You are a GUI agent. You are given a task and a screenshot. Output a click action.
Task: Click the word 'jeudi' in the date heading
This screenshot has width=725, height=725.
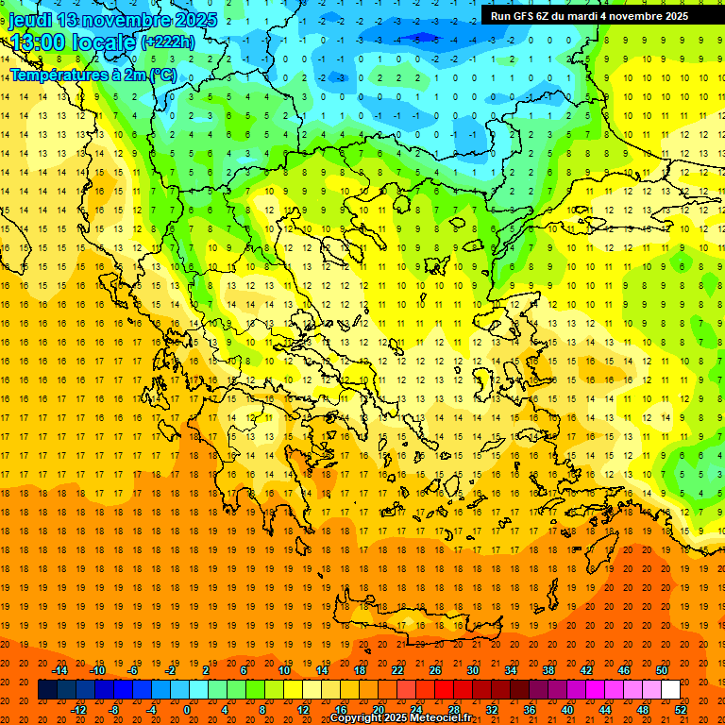(30, 20)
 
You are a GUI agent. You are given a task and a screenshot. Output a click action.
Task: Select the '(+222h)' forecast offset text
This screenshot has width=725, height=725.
(167, 42)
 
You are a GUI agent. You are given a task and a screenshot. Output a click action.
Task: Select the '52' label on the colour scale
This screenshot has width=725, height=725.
(682, 709)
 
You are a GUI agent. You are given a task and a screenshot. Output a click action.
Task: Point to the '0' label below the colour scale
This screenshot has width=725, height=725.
(187, 709)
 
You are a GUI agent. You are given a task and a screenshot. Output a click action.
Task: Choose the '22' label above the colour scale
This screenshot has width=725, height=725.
(397, 670)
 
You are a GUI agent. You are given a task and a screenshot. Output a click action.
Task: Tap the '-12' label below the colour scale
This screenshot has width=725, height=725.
(78, 709)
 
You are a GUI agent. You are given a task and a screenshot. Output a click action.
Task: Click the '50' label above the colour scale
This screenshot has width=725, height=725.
(662, 670)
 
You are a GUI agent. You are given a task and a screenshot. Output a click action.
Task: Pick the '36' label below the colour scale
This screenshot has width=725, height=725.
(530, 709)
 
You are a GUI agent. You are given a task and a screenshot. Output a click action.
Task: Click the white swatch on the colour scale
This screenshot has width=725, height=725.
(670, 690)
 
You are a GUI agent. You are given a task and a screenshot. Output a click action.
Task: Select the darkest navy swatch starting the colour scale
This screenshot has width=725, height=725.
(47, 690)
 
